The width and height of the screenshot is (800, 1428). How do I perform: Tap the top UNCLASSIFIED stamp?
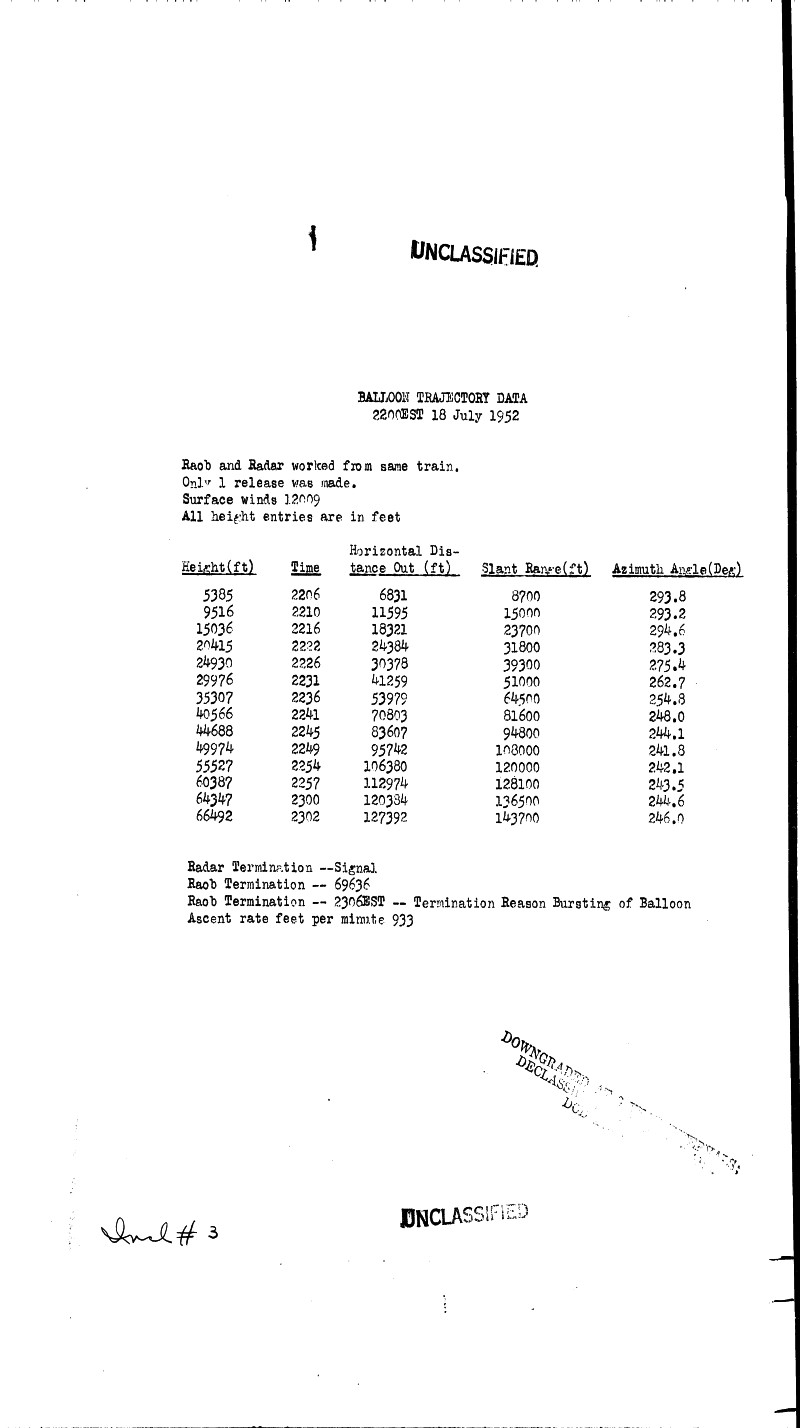[x=474, y=253]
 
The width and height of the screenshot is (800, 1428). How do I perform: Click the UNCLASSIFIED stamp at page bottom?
[x=463, y=1215]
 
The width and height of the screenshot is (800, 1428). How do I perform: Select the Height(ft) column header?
[x=218, y=568]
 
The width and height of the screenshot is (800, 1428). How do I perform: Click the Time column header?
[x=305, y=568]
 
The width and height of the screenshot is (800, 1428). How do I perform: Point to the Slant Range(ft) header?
[x=535, y=569]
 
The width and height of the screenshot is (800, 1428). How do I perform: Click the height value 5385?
[x=218, y=595]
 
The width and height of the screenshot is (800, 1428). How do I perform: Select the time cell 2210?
[x=305, y=612]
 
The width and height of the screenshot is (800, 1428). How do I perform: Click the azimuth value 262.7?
[x=666, y=681]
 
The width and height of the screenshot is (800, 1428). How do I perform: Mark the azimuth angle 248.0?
[x=665, y=715]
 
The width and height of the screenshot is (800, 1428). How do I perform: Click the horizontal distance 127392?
[x=386, y=817]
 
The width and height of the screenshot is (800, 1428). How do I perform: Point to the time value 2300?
[x=305, y=800]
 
